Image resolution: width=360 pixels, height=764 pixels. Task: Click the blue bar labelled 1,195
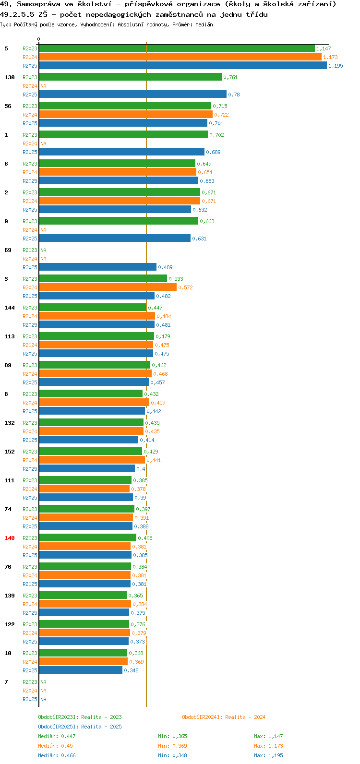pos(183,65)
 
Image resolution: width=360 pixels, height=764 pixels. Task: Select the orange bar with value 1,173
pos(180,57)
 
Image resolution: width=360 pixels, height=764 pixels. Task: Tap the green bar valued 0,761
pos(131,77)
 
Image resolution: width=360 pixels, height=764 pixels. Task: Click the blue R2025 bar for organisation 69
pos(97,267)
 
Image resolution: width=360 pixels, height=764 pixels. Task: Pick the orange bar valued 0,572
pos(108,287)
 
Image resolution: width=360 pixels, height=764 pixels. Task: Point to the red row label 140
pos(10,538)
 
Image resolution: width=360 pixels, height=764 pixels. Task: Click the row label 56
pos(8,106)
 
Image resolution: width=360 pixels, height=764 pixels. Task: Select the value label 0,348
pos(132,670)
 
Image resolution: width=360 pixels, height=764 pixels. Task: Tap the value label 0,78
pos(234,95)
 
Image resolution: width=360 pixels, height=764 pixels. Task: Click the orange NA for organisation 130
pos(43,86)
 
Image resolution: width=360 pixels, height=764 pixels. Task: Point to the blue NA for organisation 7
pos(43,699)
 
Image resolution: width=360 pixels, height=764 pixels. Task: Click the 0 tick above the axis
pos(38,39)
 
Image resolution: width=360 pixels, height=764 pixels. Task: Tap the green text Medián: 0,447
pos(57,736)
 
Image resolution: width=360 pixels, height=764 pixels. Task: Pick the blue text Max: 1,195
pos(268,755)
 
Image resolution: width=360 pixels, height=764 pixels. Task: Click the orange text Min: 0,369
pos(173,746)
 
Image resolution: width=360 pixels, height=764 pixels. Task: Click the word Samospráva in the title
pos(38,4)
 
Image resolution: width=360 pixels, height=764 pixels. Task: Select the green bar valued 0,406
pos(88,537)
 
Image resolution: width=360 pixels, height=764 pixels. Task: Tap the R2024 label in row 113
pos(30,345)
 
